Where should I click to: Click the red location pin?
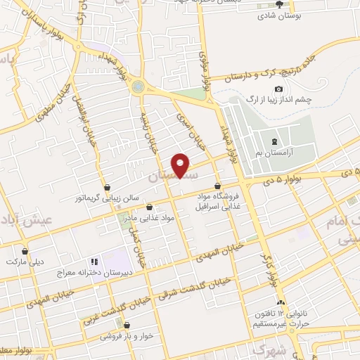pos(181,165)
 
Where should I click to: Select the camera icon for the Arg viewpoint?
pos(278,89)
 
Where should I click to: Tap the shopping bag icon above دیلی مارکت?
pos(25,250)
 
